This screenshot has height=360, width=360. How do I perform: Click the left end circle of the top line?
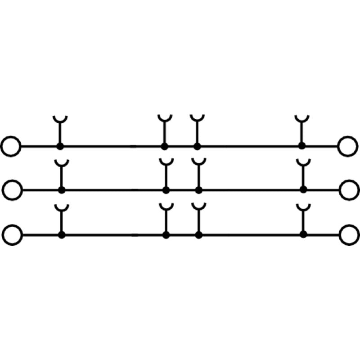[x=11, y=146]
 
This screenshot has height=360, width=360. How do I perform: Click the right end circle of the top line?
[x=348, y=146]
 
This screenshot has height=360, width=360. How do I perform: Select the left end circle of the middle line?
[x=12, y=190]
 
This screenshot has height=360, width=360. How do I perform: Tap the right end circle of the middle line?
[x=349, y=190]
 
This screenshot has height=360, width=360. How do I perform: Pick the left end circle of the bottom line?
[x=12, y=234]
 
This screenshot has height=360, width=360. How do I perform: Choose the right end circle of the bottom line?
[x=349, y=234]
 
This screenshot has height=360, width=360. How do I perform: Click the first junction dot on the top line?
[x=59, y=146]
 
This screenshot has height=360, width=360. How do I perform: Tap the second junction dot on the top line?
[x=165, y=146]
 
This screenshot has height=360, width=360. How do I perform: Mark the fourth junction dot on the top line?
[x=301, y=146]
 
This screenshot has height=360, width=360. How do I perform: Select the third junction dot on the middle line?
[x=198, y=190]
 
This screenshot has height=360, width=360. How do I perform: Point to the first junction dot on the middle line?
[x=61, y=190]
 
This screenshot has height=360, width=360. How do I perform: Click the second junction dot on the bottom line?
[x=166, y=234]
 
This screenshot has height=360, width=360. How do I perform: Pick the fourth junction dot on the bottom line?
[x=303, y=234]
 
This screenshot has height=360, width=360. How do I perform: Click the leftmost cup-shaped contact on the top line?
[x=59, y=119]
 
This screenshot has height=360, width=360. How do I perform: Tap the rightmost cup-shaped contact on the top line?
[x=301, y=119]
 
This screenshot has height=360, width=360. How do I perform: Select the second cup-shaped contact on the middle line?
[x=166, y=162]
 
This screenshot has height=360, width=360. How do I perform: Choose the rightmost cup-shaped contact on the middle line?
[x=303, y=162]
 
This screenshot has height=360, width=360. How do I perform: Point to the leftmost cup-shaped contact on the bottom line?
[x=61, y=207]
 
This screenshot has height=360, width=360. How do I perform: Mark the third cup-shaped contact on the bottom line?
[x=198, y=207]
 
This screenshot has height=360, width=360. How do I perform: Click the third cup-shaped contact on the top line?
[x=197, y=119]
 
